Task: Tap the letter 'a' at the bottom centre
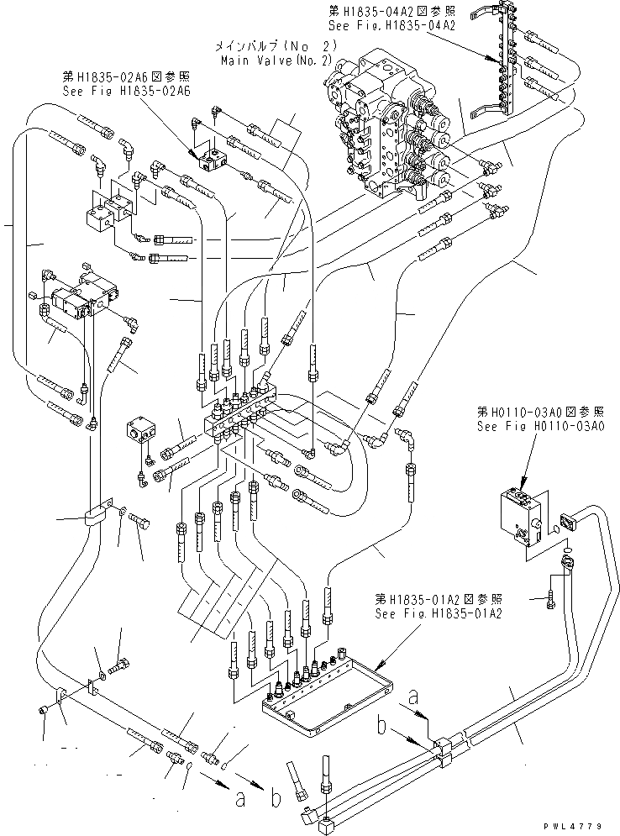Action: pyautogui.click(x=240, y=798)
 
